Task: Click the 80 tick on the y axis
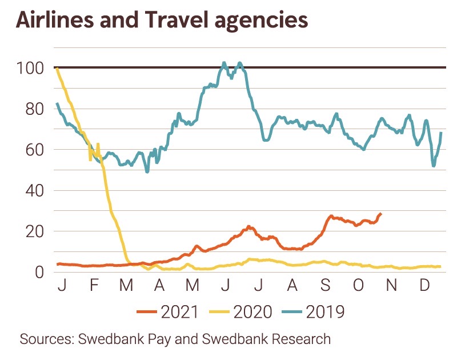(33, 109)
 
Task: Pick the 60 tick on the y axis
(33, 150)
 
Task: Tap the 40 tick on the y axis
(33, 190)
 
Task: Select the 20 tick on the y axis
(33, 231)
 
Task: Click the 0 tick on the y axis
(39, 272)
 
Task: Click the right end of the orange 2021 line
(381, 214)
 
